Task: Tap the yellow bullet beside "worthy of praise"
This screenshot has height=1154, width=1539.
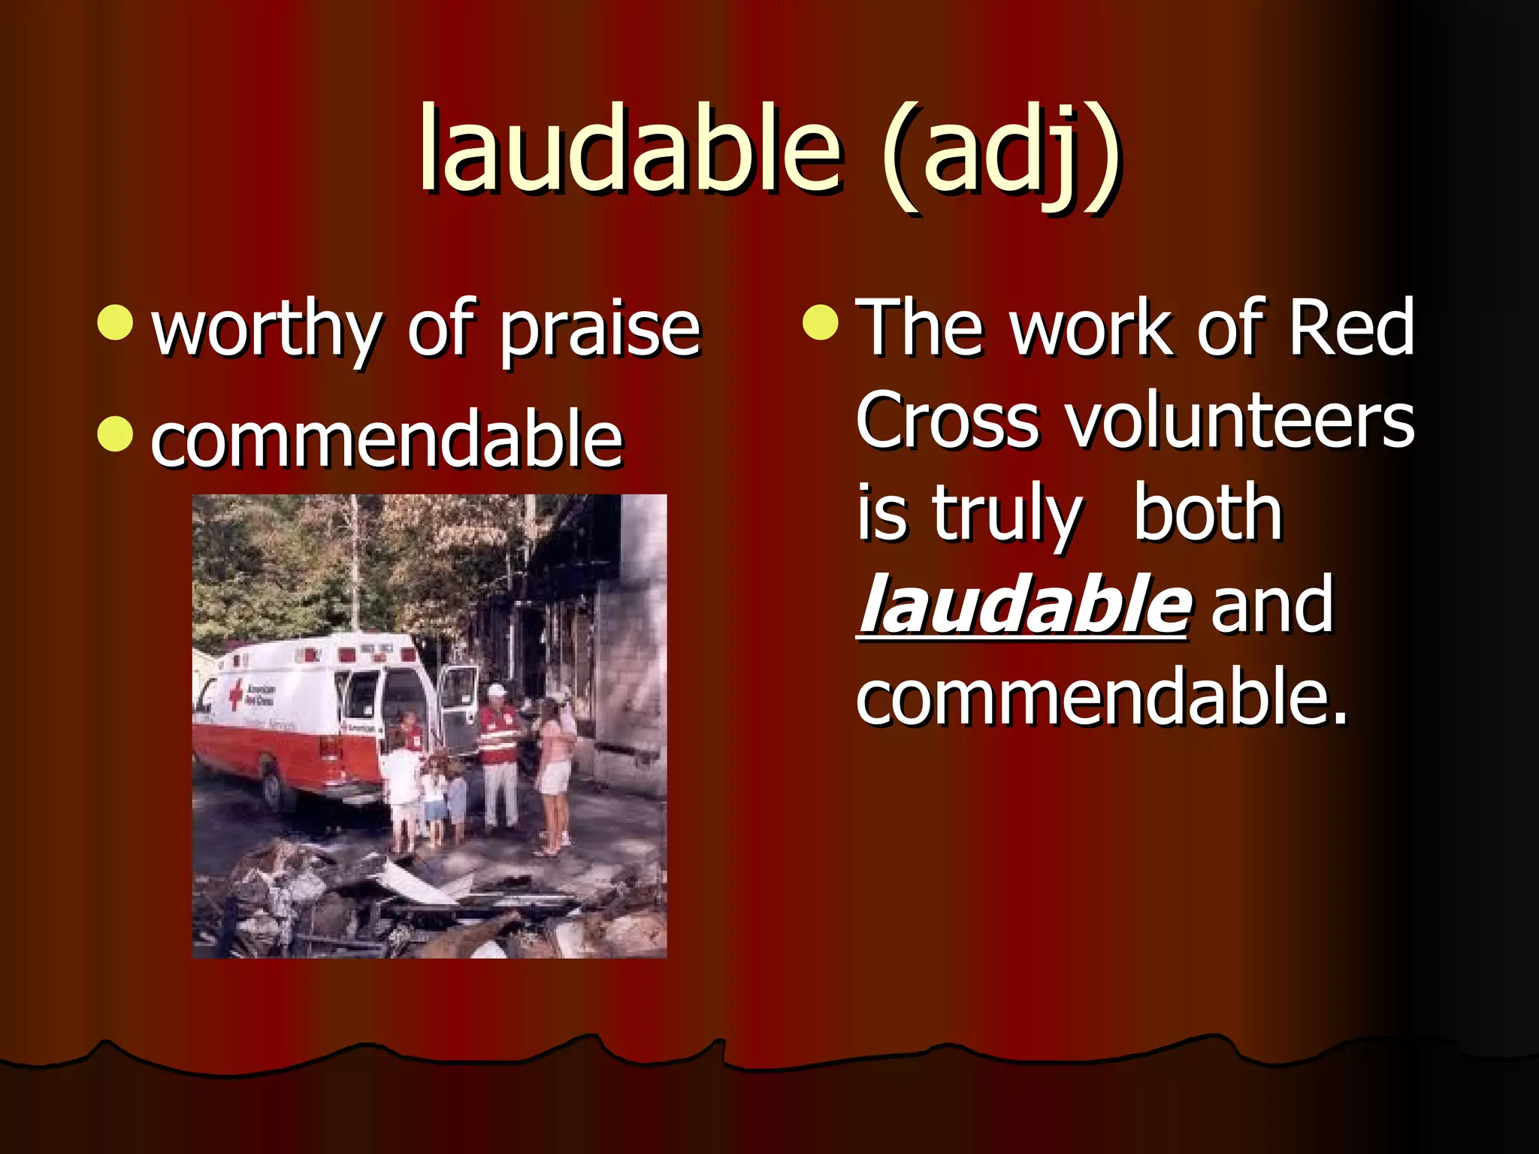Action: pos(116,322)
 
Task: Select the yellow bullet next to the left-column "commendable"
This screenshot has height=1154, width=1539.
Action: pos(116,434)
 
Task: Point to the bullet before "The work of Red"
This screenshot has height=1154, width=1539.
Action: pos(820,322)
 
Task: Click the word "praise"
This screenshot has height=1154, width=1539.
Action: pos(600,331)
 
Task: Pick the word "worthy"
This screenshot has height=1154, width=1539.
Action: pos(266,331)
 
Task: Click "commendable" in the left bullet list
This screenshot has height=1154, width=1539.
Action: pos(387,439)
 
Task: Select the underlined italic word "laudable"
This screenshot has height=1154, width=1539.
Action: pos(1023,606)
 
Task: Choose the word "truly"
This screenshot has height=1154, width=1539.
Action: pos(1007,515)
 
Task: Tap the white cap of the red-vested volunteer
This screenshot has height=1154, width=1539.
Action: pos(496,690)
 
